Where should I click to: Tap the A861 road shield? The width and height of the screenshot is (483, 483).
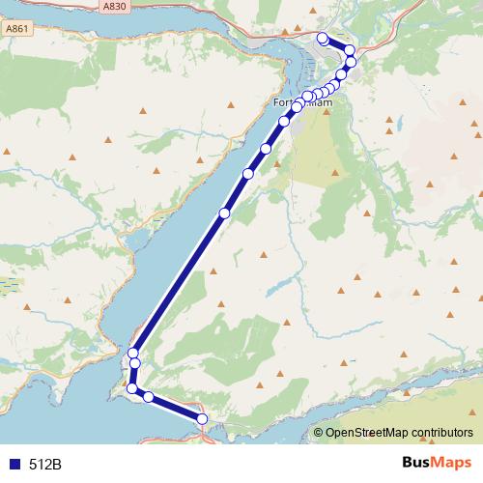point(17,30)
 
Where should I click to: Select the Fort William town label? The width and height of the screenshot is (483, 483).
point(303,102)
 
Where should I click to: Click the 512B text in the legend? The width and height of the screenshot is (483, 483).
point(44,465)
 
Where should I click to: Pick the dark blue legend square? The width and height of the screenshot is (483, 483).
point(14,465)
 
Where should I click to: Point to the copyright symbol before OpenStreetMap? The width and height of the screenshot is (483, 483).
point(319,433)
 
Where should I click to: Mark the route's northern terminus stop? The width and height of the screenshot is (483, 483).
point(323,38)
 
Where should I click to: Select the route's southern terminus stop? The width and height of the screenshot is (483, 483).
point(203,418)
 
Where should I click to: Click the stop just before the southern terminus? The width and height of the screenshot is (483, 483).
point(148,397)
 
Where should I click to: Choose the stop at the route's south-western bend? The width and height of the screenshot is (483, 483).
point(132,388)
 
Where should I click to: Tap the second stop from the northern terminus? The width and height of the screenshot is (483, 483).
point(349,50)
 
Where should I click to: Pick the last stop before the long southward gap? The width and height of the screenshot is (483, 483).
point(224,213)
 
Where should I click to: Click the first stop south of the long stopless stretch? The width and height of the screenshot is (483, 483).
point(133,353)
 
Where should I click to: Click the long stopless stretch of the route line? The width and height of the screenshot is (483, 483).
point(179,283)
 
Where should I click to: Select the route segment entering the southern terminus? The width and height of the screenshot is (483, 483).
point(176,408)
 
